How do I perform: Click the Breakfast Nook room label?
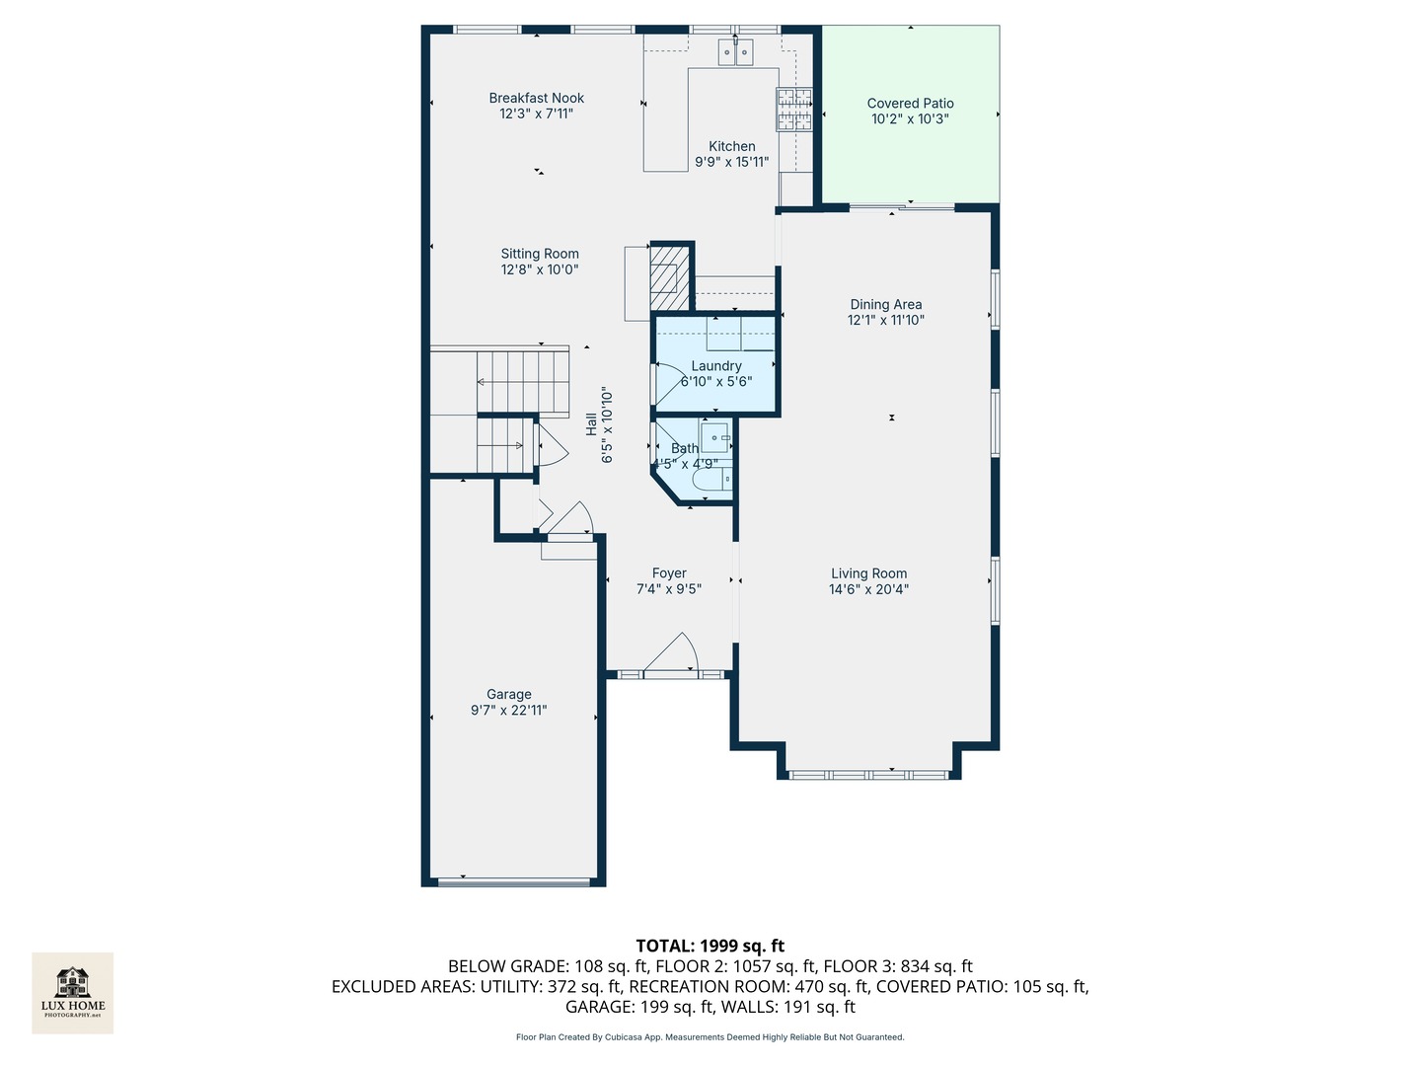point(536,98)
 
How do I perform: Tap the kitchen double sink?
point(735,51)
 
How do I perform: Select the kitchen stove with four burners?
point(793,110)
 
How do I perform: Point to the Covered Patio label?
point(910,103)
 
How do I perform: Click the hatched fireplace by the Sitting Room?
point(670,278)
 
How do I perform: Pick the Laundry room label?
point(716,365)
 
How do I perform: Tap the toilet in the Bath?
point(711,479)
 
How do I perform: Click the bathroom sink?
point(716,437)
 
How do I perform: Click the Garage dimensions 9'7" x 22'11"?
point(509,710)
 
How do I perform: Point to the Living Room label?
point(868,573)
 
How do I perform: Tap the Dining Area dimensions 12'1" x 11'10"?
point(885,320)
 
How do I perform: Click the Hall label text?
point(591,424)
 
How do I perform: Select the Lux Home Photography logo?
point(72,993)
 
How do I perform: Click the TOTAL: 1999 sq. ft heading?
point(710,946)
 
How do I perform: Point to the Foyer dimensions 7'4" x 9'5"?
point(669,589)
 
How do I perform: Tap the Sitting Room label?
point(540,254)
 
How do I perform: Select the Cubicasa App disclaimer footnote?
point(710,1036)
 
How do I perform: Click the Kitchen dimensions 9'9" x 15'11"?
point(731,162)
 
